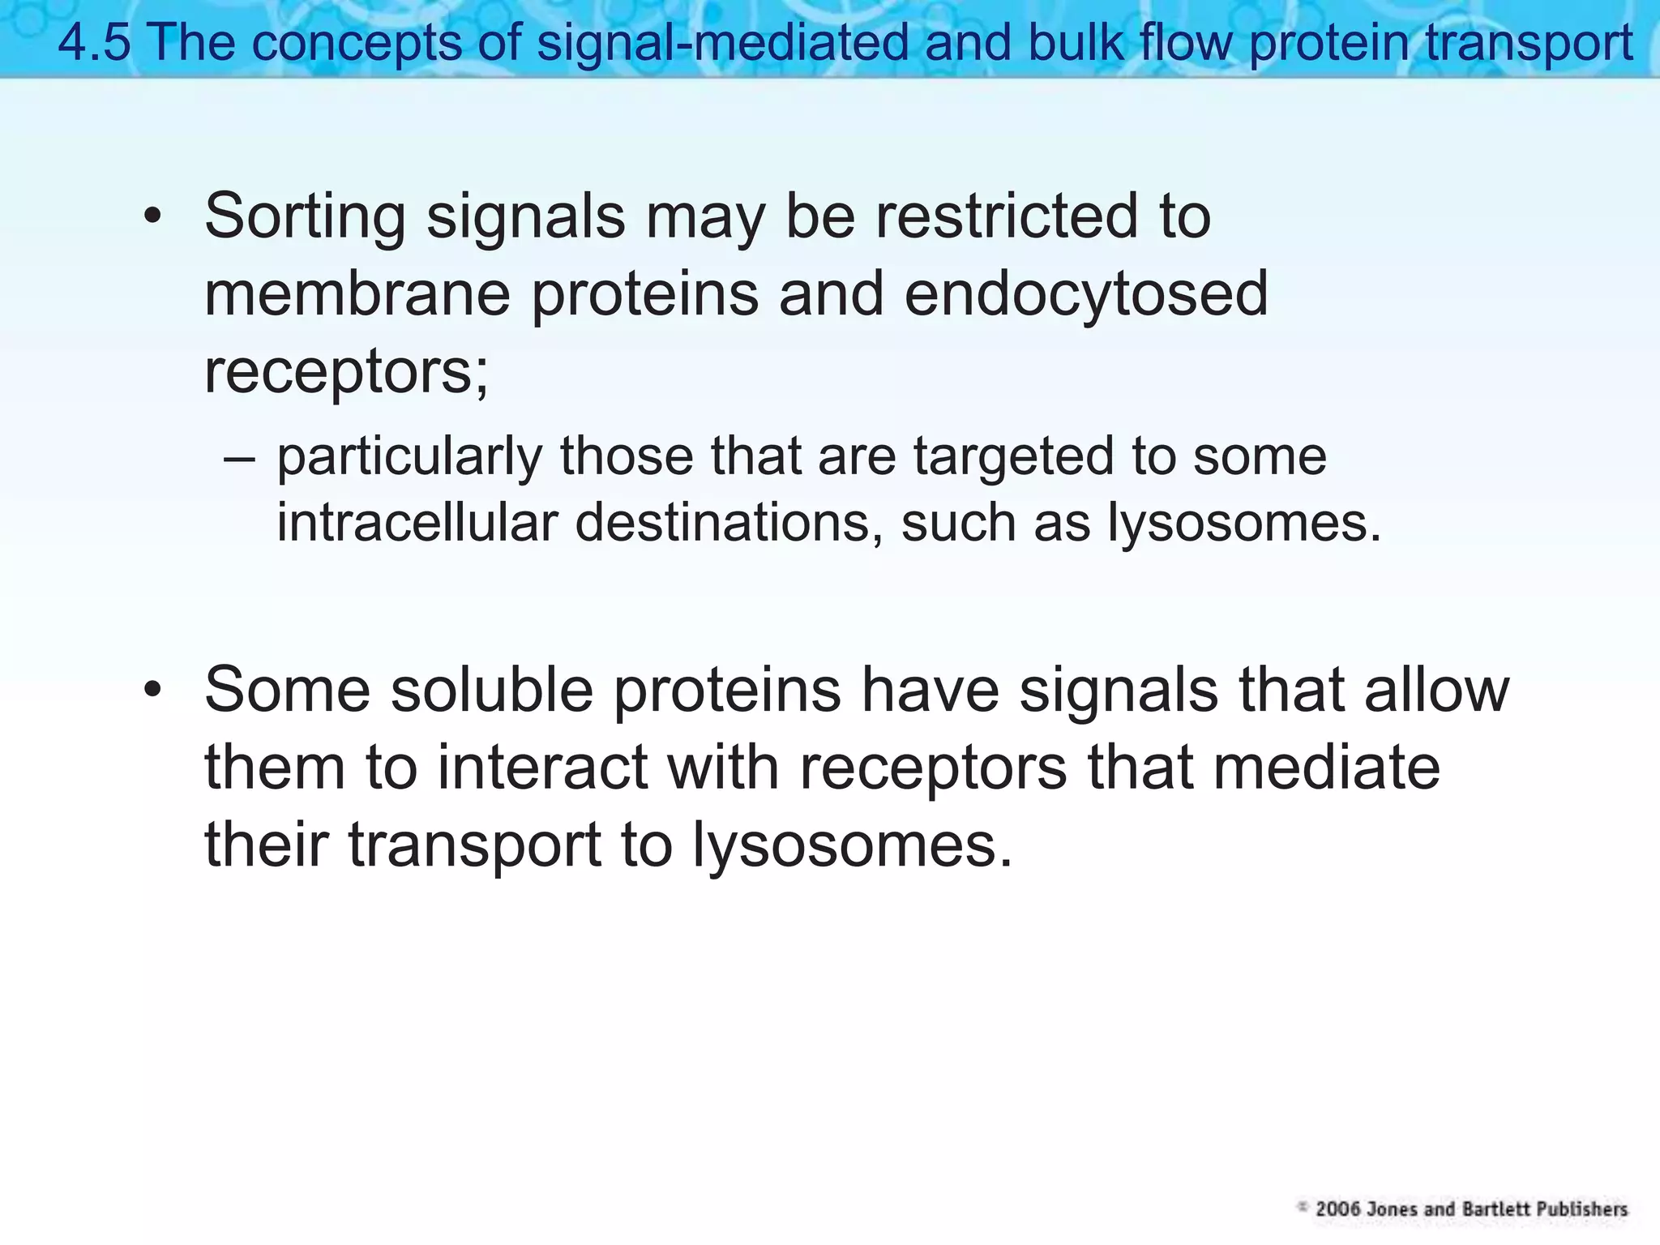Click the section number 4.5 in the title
tap(93, 42)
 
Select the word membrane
tap(357, 293)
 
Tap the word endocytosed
tap(1086, 293)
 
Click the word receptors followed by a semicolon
tap(345, 371)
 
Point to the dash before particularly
tap(239, 456)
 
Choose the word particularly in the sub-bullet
tap(409, 456)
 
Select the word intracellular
tap(417, 523)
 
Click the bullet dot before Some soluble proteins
tap(152, 690)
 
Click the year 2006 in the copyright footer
tap(1337, 1209)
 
